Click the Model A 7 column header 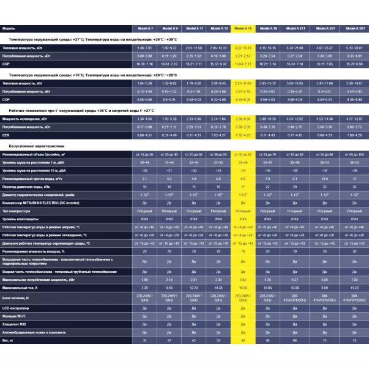click(145, 29)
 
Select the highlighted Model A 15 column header click(243, 29)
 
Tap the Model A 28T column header click(354, 29)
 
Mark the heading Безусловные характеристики click(36, 147)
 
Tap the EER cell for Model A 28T click(354, 134)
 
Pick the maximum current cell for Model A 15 click(243, 287)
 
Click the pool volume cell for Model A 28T click(354, 155)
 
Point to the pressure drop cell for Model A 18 click(268, 186)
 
